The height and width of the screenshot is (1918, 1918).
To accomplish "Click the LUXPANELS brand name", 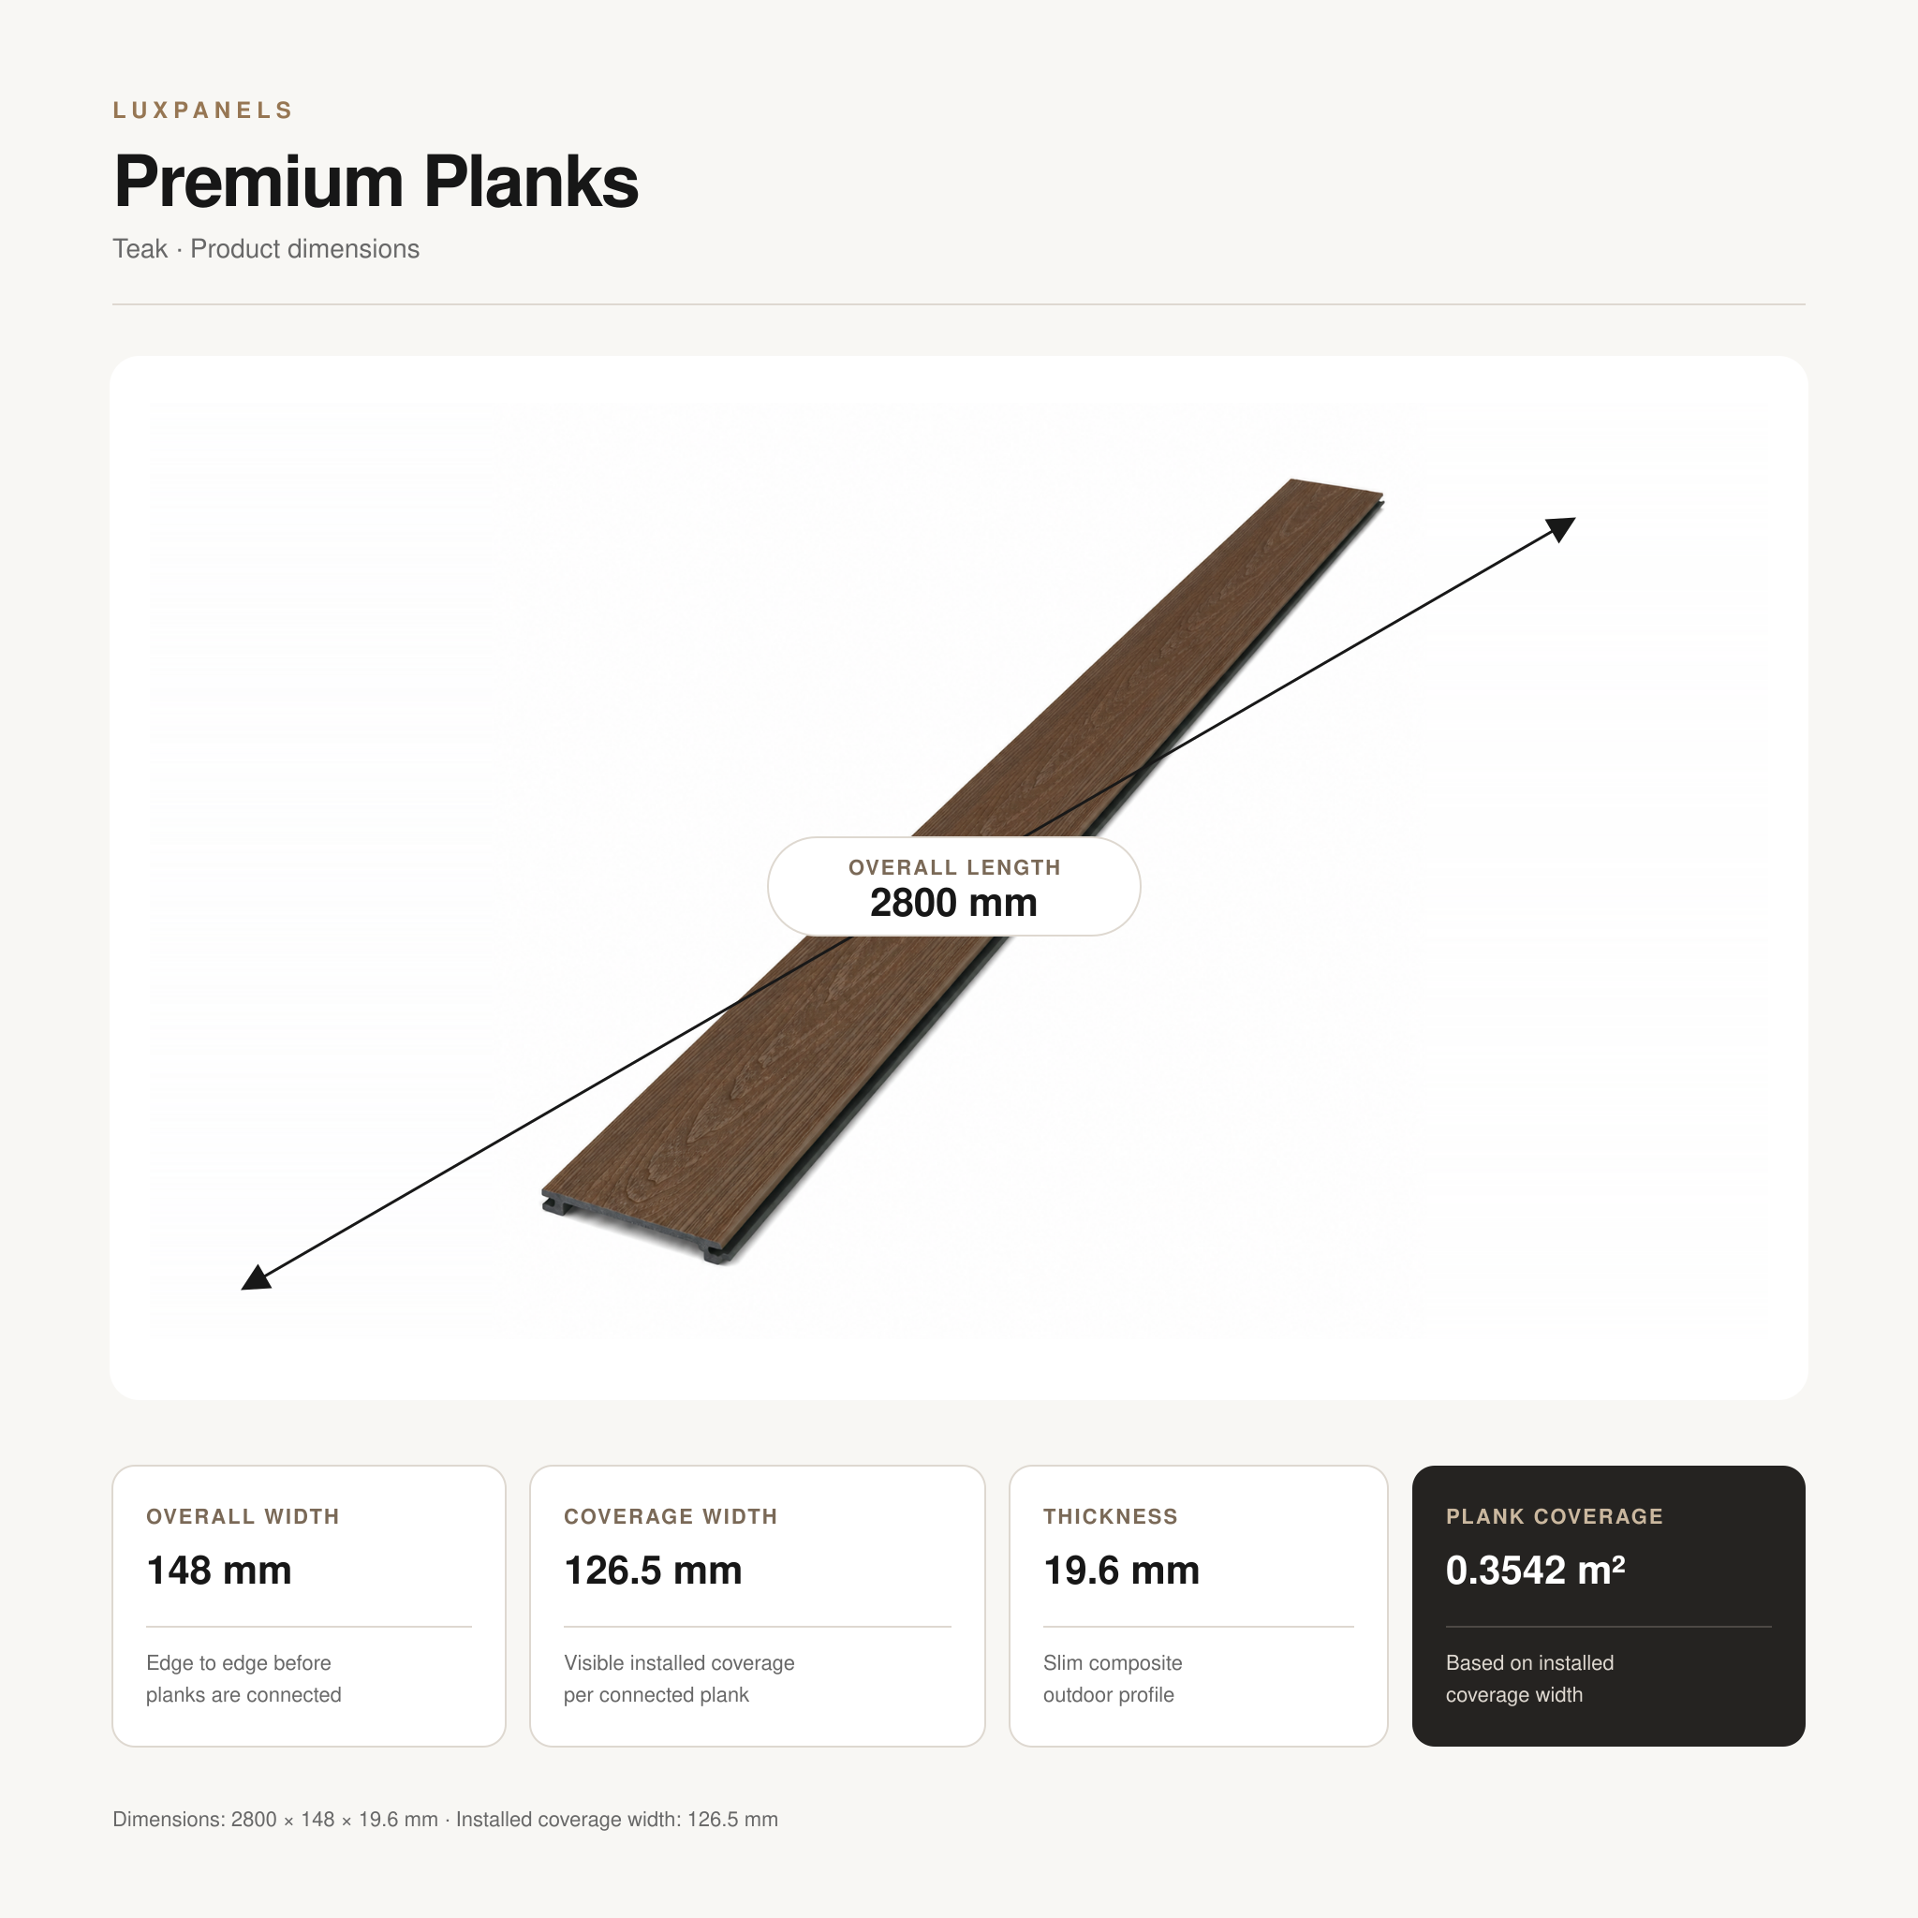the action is coord(202,111).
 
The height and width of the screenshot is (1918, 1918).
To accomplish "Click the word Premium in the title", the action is coord(258,183).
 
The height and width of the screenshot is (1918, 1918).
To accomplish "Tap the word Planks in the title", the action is coord(531,183).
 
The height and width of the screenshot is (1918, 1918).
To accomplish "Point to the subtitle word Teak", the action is coord(140,249).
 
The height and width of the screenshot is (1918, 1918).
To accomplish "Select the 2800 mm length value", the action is coord(953,903).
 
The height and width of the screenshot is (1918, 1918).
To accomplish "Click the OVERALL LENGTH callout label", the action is coord(954,866).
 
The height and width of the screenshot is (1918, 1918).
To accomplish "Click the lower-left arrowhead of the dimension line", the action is coord(255,1277).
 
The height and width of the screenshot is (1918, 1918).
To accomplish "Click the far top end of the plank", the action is coord(1335,487).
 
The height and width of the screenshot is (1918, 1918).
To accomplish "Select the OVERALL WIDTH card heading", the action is coord(243,1516).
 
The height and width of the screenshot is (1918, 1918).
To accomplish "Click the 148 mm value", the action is coord(218,1571).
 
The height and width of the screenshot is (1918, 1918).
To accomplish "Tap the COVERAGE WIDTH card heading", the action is coord(671,1516).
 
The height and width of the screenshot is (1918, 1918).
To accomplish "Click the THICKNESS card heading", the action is coord(1110,1516).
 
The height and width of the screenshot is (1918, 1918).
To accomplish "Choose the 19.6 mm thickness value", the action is coord(1121,1571).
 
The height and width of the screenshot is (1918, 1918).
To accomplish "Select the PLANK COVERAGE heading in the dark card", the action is coord(1554,1516).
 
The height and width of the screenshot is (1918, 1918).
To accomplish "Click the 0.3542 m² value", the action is coord(1535,1570).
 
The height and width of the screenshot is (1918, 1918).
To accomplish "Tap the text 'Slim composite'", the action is coord(1112,1663).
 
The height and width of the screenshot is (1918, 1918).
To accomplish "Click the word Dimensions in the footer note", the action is coord(168,1820).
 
